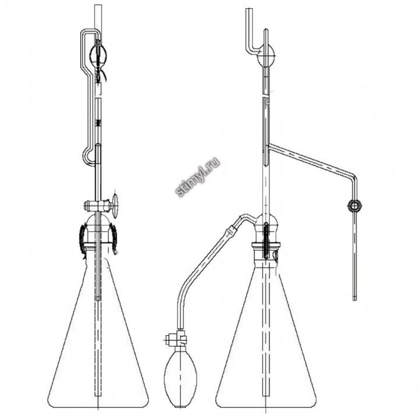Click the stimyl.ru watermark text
pyautogui.click(x=198, y=176)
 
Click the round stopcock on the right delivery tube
pyautogui.click(x=355, y=206)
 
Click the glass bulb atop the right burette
pyautogui.click(x=265, y=56)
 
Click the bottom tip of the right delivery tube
pyautogui.click(x=354, y=300)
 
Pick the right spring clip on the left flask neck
pyautogui.click(x=114, y=239)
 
